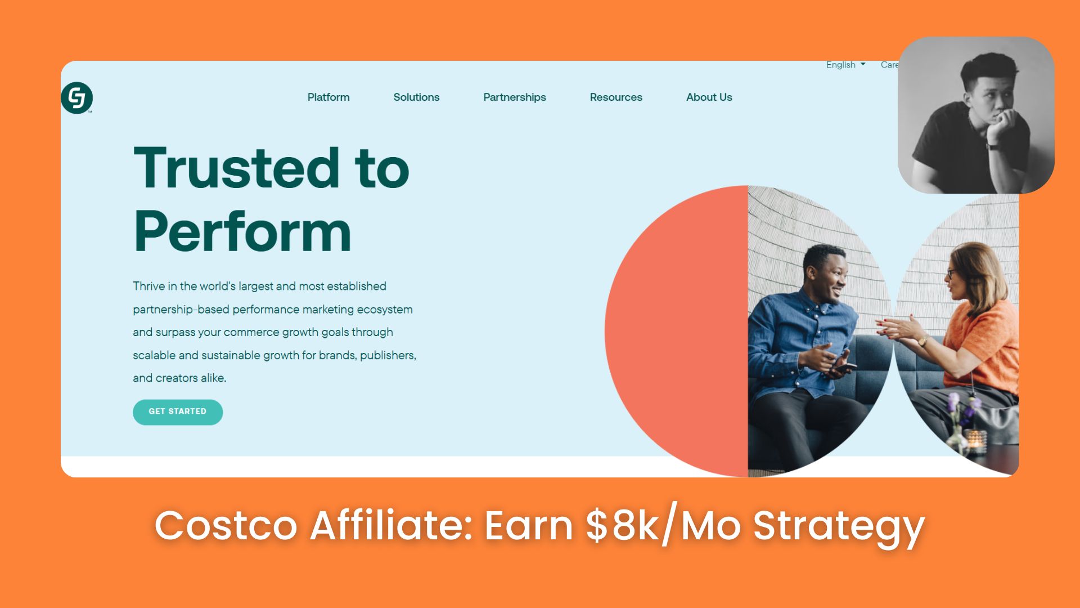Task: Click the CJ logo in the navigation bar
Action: [76, 97]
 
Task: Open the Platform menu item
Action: [328, 97]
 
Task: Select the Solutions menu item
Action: [416, 97]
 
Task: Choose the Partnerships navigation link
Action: [515, 97]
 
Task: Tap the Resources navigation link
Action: [616, 97]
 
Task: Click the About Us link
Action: [709, 97]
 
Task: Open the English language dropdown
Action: [845, 65]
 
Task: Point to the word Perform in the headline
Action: [242, 231]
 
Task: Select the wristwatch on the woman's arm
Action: [923, 341]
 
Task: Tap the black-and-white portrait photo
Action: [976, 115]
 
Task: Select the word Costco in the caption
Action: [226, 525]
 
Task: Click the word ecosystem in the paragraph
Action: [385, 310]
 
